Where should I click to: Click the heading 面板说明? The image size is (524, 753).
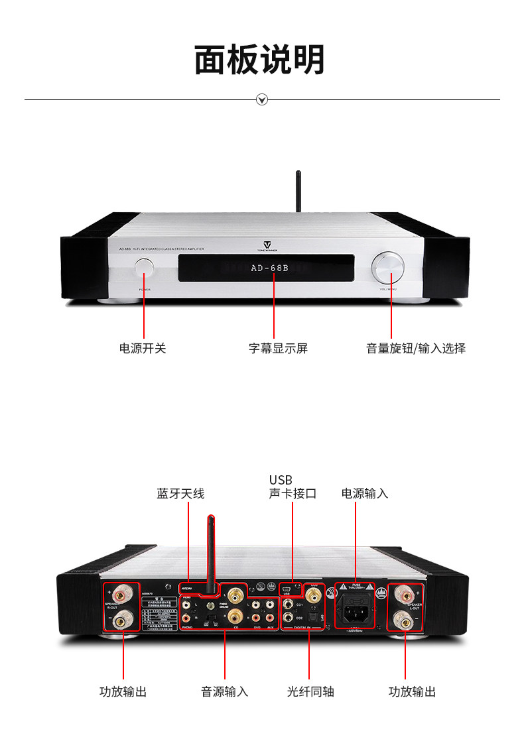click(260, 60)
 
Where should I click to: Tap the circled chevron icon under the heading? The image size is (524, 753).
click(262, 100)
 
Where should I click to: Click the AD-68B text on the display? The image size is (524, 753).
click(270, 268)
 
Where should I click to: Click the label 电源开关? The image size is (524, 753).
click(143, 348)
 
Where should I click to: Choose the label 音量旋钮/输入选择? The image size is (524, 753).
click(416, 348)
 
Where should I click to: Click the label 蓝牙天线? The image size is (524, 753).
click(180, 493)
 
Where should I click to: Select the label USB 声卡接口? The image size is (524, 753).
click(293, 487)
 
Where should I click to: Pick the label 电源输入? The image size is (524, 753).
click(365, 493)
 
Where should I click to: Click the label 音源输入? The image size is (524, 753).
click(225, 691)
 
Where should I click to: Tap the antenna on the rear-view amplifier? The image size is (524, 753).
click(212, 550)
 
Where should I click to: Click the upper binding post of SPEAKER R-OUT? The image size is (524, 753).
click(123, 592)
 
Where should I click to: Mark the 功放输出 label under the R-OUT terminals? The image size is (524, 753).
click(123, 691)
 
